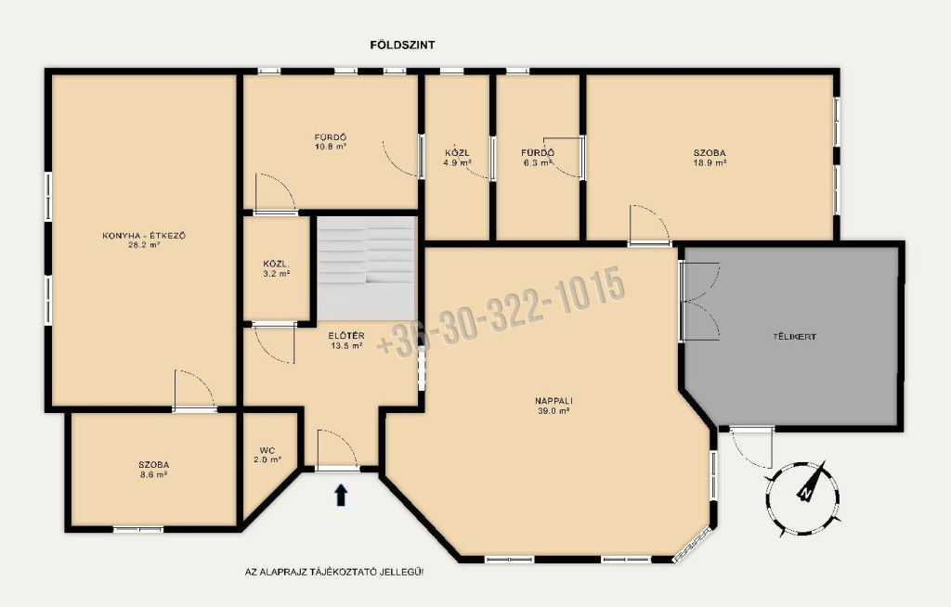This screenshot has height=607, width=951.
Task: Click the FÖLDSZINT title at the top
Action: point(402,45)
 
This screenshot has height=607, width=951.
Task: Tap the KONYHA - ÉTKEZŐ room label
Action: point(144,236)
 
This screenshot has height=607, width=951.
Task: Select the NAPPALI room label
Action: point(554,401)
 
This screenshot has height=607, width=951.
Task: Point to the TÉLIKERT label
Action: point(794,337)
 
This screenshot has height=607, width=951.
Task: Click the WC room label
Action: point(267,450)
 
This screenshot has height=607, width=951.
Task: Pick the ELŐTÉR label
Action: point(346,336)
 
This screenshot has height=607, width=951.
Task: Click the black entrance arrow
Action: point(341,494)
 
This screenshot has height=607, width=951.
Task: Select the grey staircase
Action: point(366,268)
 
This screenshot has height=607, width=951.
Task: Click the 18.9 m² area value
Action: point(710,163)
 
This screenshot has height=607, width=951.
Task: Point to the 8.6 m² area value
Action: point(153,475)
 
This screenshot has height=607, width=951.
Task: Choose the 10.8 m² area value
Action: point(330,147)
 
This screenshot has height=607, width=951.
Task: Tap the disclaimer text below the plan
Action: point(334,571)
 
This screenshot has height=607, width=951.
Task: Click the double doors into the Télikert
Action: point(699,301)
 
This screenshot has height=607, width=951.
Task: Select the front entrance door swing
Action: point(338,449)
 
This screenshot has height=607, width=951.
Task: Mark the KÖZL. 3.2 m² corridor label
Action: point(276,268)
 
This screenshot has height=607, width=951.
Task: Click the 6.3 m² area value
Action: point(538,163)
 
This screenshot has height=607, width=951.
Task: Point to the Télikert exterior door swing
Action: point(751,447)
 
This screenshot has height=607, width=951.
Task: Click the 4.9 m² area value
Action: point(457,163)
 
